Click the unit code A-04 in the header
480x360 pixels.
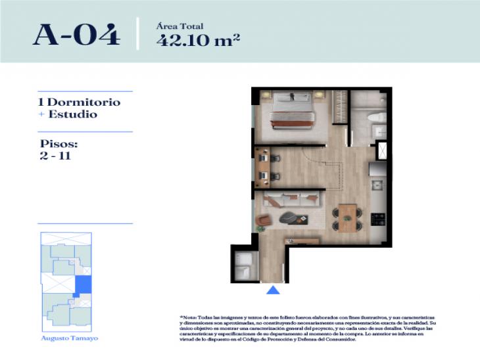coord(76,34)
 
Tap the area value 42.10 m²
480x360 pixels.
coord(197,39)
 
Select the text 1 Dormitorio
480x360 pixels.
coord(80,103)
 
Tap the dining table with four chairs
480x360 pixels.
coord(346,215)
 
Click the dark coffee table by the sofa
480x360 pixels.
coord(289,216)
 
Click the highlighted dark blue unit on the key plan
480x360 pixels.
coord(84,286)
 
